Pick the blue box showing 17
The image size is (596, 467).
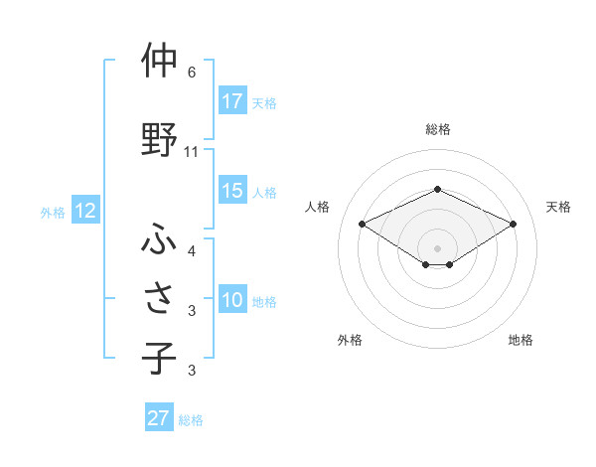click(x=232, y=101)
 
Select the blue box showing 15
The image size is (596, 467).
click(x=232, y=191)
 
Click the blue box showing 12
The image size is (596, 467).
click(x=84, y=211)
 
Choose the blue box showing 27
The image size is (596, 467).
click(x=159, y=418)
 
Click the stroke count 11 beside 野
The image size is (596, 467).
click(x=192, y=152)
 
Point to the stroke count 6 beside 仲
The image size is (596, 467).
click(x=192, y=73)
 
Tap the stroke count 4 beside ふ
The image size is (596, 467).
click(x=192, y=251)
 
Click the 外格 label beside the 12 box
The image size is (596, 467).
click(x=53, y=212)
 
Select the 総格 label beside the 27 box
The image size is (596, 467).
click(x=191, y=419)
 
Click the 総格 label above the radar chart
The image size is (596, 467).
click(x=437, y=129)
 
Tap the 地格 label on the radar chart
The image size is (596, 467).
click(x=521, y=341)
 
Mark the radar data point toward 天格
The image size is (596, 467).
click(x=514, y=224)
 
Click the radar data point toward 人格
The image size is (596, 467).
click(x=362, y=224)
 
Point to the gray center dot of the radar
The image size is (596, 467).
click(x=437, y=246)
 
